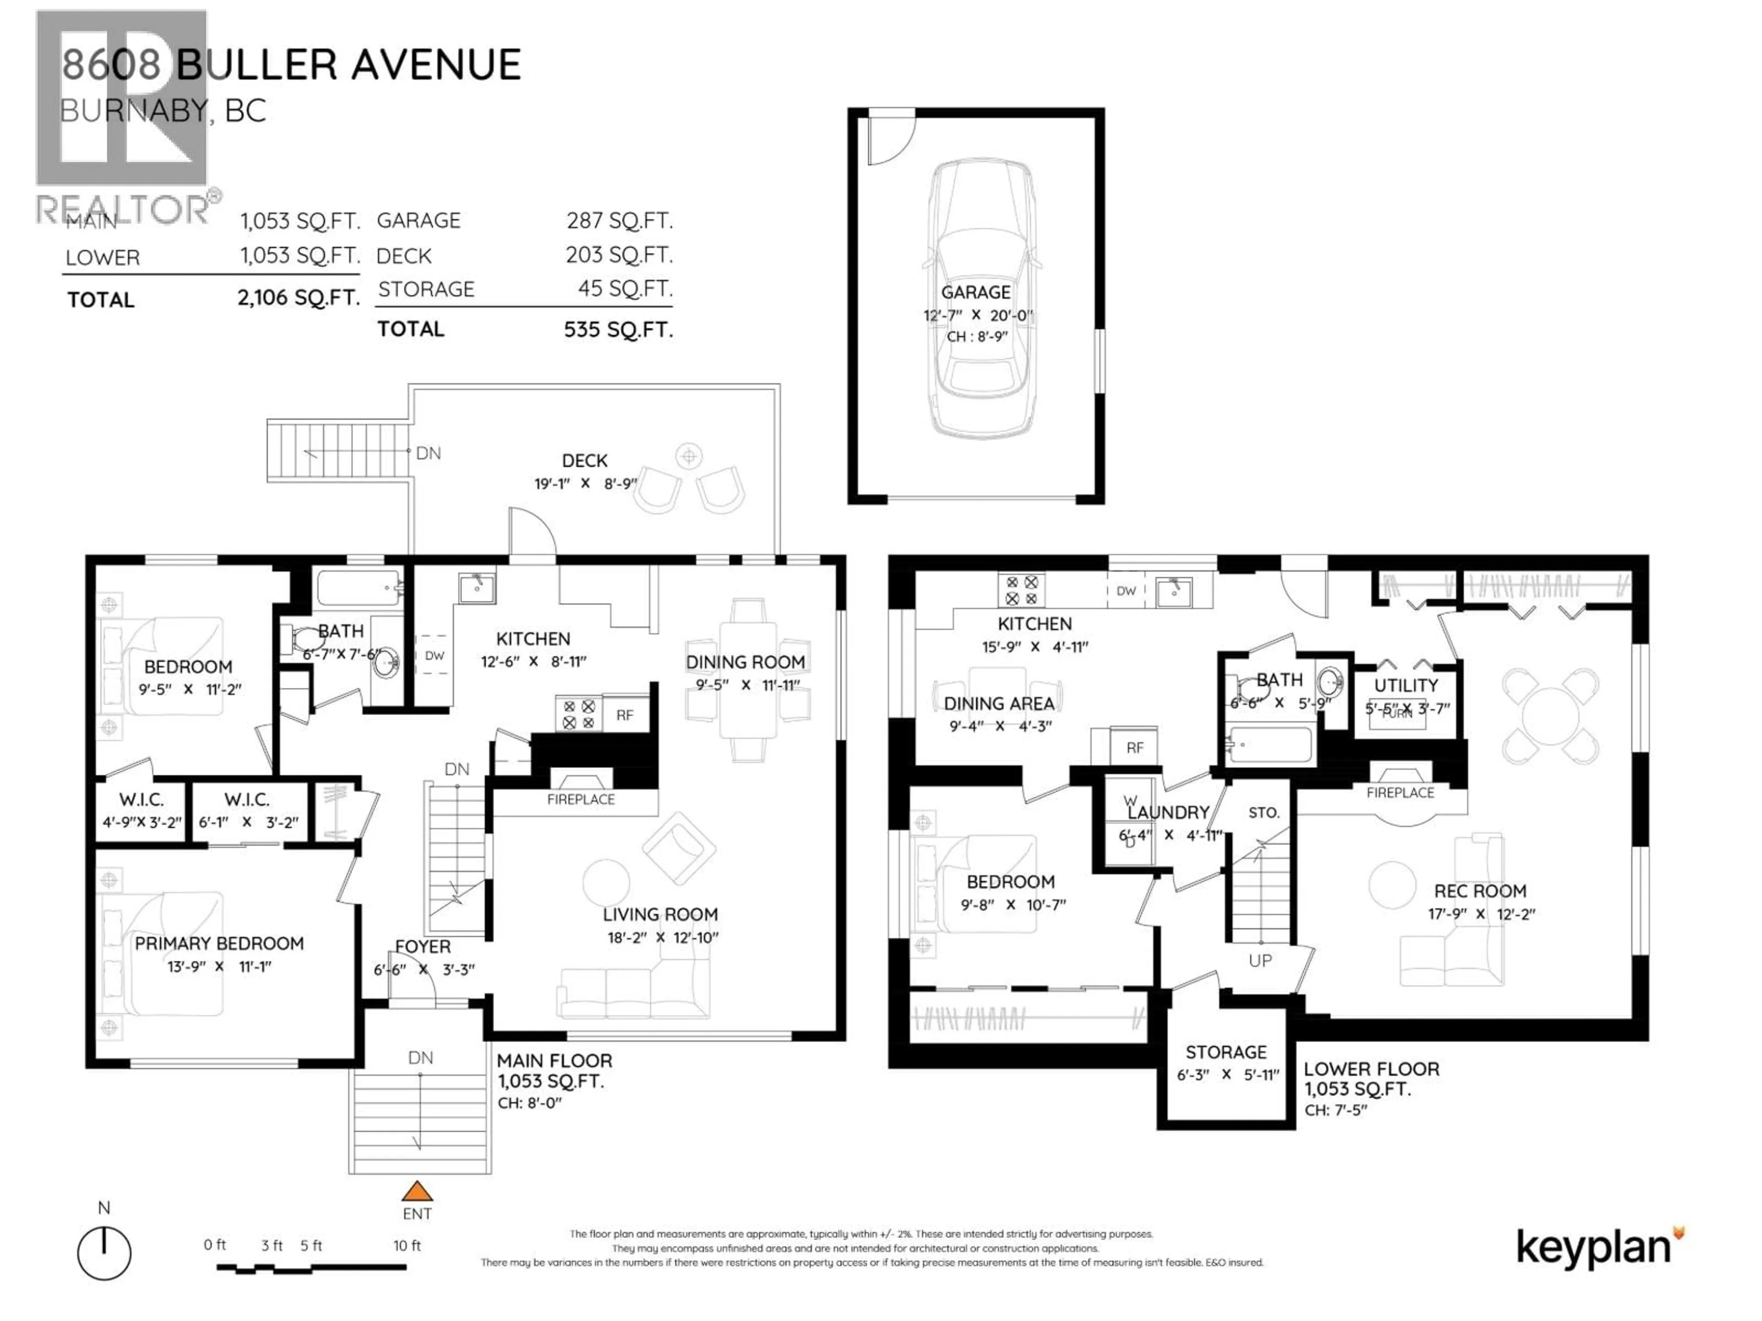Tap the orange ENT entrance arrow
pyautogui.click(x=417, y=1192)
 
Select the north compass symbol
pyautogui.click(x=104, y=1253)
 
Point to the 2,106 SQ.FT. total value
pyautogui.click(x=299, y=298)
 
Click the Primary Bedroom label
pyautogui.click(x=219, y=944)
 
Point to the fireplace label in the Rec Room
pyautogui.click(x=1400, y=792)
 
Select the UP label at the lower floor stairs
pyautogui.click(x=1260, y=961)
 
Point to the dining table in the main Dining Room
pyautogui.click(x=748, y=681)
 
